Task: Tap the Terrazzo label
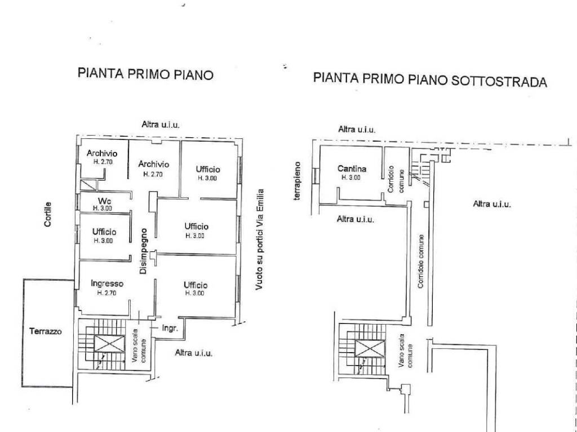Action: [x=45, y=331]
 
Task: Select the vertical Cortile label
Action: [x=48, y=214]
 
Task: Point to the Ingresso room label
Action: [x=106, y=284]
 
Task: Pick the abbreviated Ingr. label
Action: [x=170, y=328]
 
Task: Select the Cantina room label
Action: [x=352, y=168]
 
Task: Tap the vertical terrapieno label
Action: [x=300, y=182]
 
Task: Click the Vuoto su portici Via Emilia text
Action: [x=259, y=240]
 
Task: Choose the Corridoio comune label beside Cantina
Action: [x=395, y=178]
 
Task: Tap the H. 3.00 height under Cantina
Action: [x=352, y=177]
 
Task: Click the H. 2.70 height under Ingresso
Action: [x=106, y=293]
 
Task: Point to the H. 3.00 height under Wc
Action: [x=103, y=208]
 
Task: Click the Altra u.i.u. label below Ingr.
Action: [x=194, y=353]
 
